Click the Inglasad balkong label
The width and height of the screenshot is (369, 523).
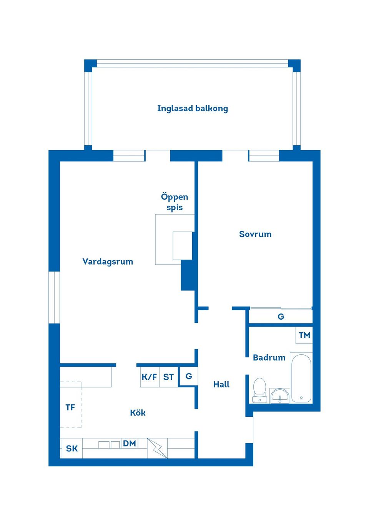pos(192,109)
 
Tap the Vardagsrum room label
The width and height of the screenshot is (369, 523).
pos(108,262)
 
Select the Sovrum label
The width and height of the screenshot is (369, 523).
pos(255,234)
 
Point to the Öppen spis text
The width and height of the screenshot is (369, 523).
pos(175,202)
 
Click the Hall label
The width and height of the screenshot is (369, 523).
pos(221,384)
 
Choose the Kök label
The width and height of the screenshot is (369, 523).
pos(138,413)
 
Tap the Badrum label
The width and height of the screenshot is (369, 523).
pos(269,358)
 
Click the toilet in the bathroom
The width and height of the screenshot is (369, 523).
pos(260,390)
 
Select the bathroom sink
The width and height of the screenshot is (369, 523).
pos(280,396)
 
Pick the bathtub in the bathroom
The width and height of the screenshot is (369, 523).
pos(301,378)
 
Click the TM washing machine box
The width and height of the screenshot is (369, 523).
pos(304,335)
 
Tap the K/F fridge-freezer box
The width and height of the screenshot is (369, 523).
pos(149,377)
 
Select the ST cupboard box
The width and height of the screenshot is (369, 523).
pos(168,377)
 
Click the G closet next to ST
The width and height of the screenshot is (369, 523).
pos(189,376)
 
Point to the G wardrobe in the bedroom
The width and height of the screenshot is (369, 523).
pos(281,317)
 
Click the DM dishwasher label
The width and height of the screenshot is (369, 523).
pos(130,444)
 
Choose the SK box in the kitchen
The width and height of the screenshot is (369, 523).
pos(72,449)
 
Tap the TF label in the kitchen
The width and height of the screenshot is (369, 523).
pos(70,407)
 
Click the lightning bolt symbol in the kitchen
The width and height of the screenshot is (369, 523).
pos(157,448)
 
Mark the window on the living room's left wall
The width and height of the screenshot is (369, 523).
pos(54,297)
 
